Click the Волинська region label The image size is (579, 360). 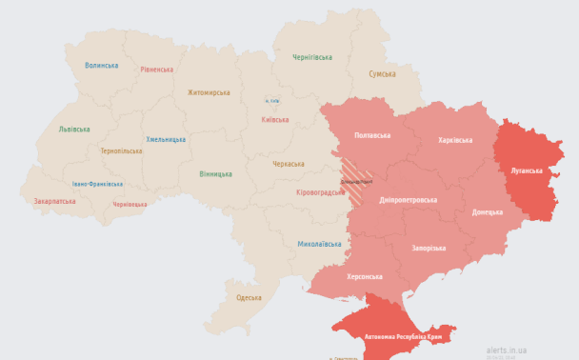101,66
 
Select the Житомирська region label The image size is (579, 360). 209,92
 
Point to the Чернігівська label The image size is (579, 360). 311,57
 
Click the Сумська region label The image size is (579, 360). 383,74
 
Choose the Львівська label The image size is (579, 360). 74,129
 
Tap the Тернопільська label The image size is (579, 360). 121,150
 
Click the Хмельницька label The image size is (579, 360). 166,139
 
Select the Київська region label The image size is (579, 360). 275,120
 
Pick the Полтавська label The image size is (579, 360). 371,135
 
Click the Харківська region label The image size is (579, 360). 454,140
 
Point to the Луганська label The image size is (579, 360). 527,170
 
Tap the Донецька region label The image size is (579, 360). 487,211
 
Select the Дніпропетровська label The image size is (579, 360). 408,200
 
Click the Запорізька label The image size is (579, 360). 429,248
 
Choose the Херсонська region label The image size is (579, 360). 364,276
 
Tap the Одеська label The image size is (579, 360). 249,298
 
